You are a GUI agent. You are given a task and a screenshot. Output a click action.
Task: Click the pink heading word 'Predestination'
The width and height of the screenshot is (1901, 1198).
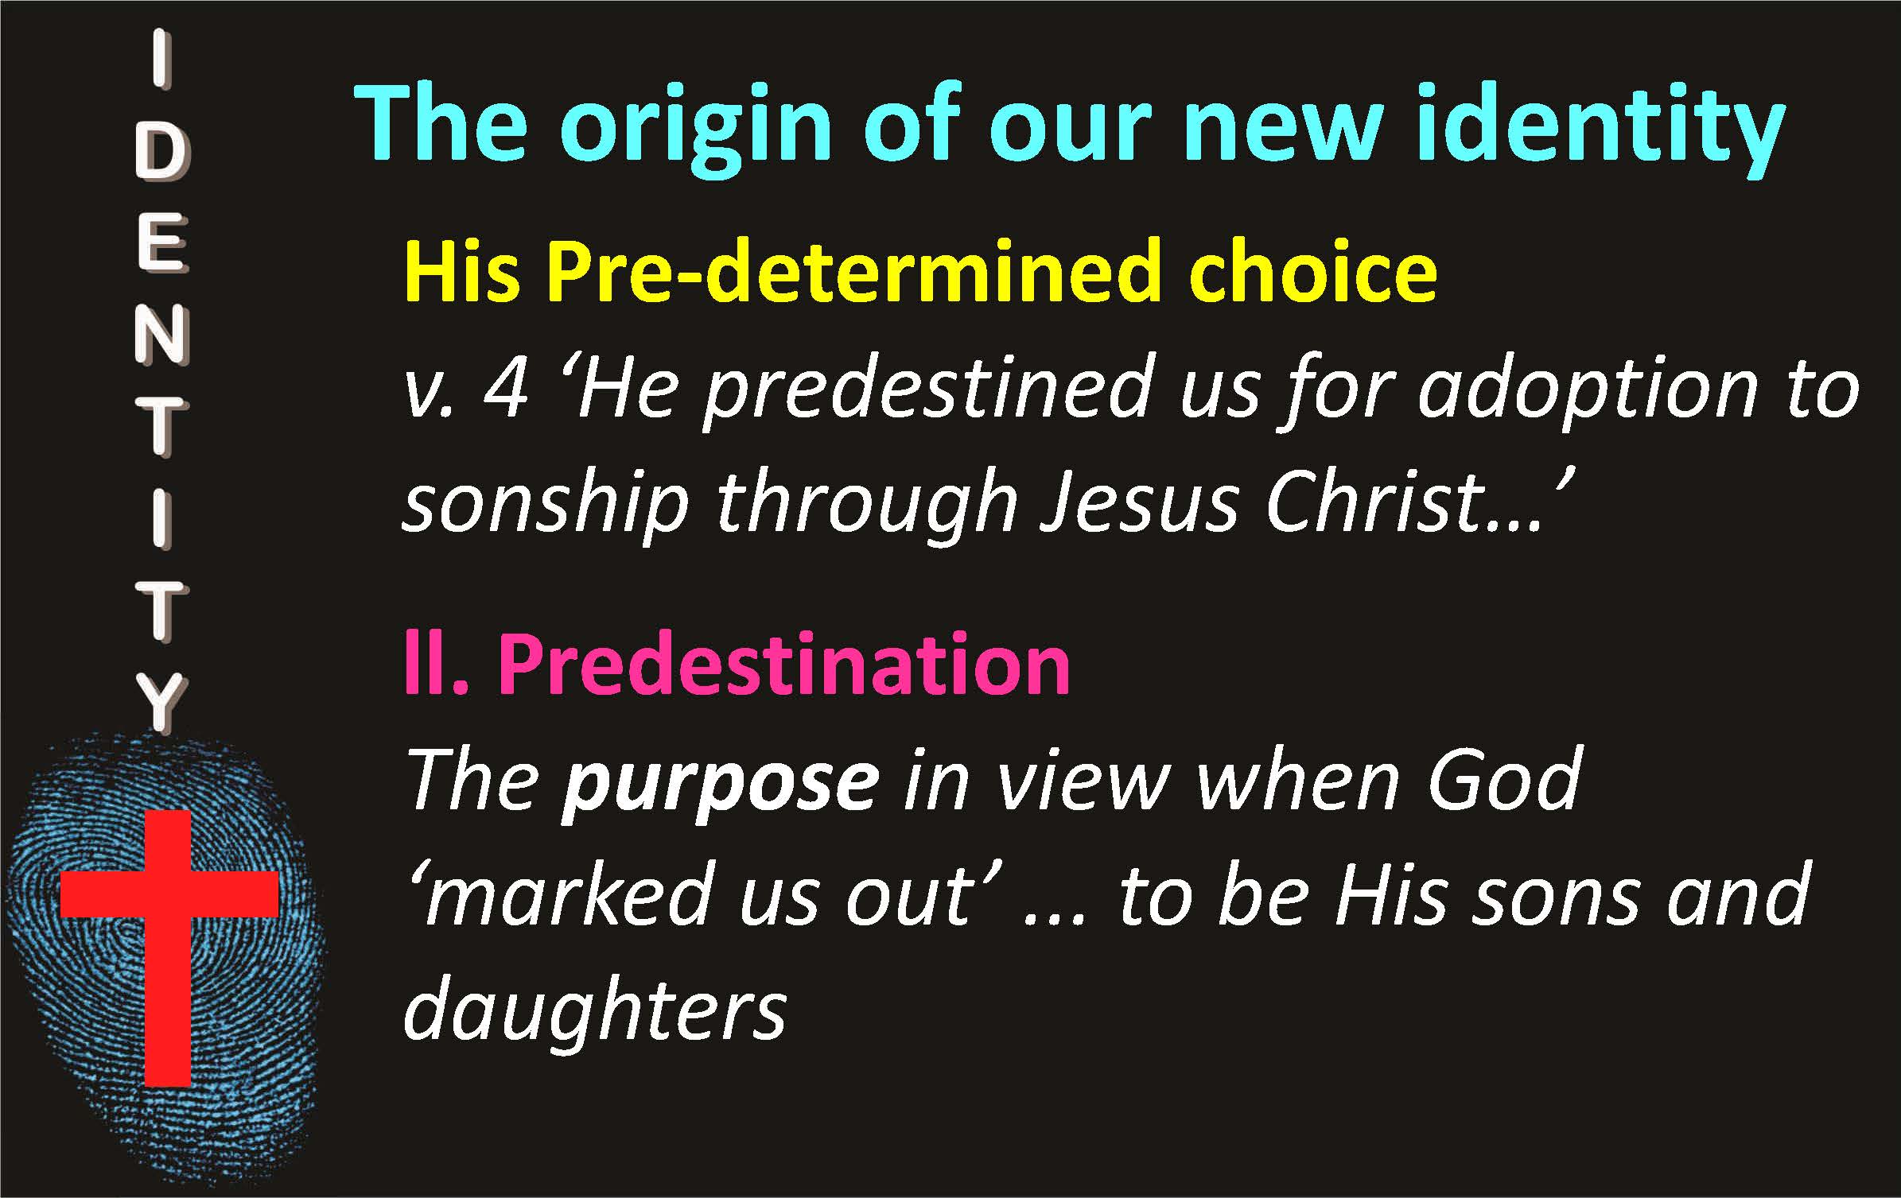point(784,663)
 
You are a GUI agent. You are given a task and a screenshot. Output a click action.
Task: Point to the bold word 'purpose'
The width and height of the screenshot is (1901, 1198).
point(720,782)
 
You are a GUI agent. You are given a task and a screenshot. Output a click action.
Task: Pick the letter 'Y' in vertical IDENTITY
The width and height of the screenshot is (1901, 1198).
point(162,703)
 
